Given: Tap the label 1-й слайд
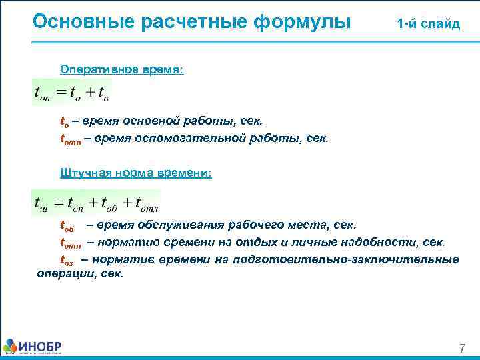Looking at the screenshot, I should point(428,24).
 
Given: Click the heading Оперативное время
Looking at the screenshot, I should point(121,69).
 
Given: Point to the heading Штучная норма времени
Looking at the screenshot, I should point(135,173).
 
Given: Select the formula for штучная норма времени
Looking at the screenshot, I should point(96,202).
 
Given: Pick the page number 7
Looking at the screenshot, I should point(461,349).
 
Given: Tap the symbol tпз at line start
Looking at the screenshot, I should point(67,260).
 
